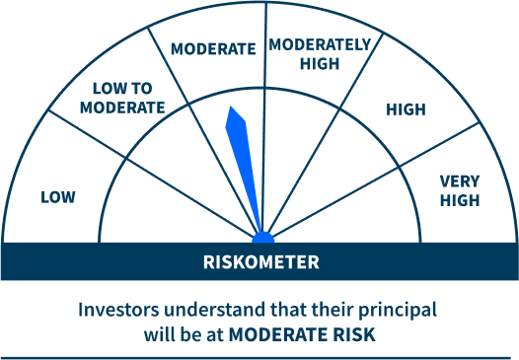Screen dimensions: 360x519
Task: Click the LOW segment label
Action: click(57, 196)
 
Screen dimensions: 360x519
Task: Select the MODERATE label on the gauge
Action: click(212, 47)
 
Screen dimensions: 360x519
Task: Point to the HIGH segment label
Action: click(406, 109)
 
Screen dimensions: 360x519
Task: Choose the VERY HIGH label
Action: click(460, 190)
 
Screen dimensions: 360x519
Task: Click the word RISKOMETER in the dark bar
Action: click(260, 262)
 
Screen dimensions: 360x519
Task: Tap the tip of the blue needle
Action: click(231, 108)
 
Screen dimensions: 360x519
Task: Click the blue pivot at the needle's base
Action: click(262, 238)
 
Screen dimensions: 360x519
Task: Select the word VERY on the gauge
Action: click(460, 180)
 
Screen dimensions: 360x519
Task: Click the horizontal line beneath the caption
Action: click(259, 357)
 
